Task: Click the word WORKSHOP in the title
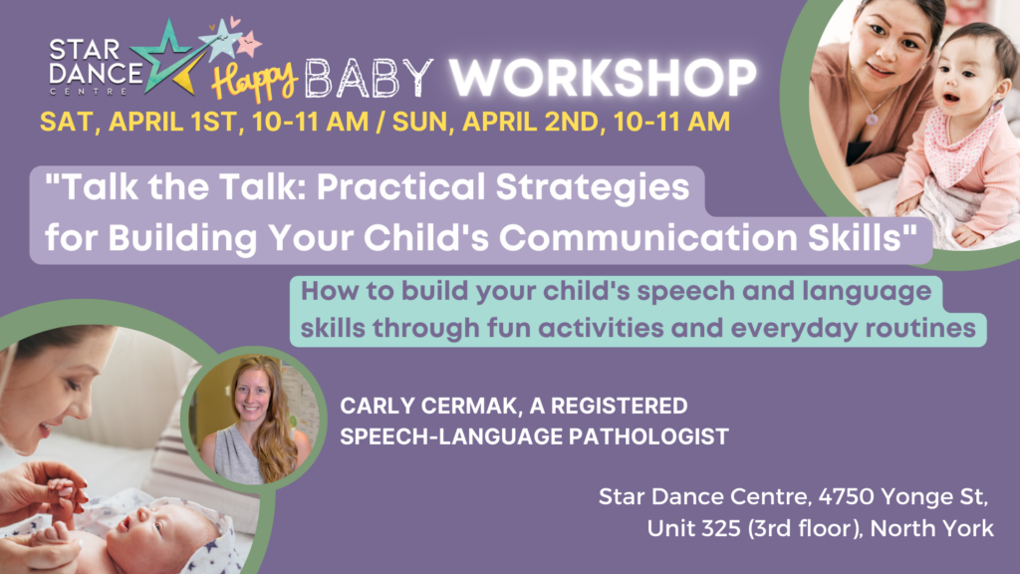pos(603,78)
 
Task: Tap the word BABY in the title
pos(369,79)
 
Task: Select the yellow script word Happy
pos(255,82)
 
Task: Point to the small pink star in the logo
pos(248,44)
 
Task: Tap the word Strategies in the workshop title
pos(592,187)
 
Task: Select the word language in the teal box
pos(867,292)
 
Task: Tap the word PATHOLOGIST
pos(648,436)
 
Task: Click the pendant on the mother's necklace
pos(872,120)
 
